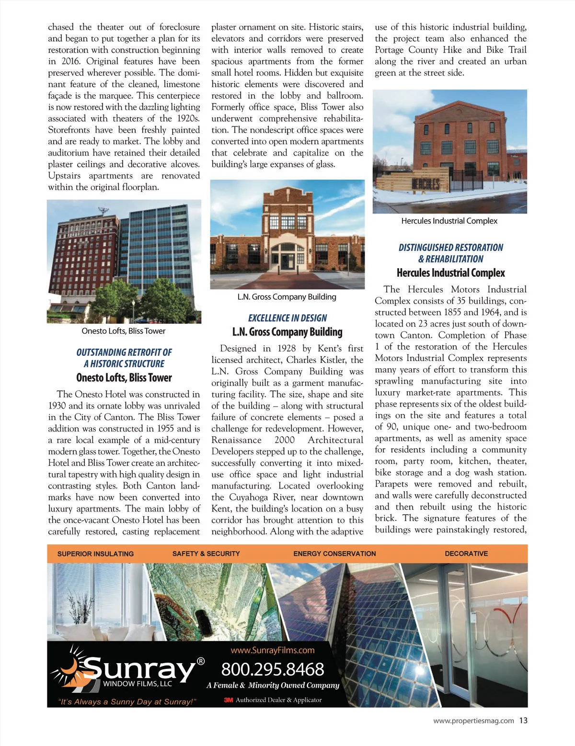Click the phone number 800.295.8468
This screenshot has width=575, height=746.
click(273, 669)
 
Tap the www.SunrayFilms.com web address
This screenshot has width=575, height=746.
click(273, 650)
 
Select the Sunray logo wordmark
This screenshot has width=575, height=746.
click(139, 668)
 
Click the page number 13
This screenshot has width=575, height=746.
click(523, 720)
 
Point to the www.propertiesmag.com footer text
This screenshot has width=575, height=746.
click(473, 721)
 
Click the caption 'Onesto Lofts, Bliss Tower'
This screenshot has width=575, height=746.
click(124, 331)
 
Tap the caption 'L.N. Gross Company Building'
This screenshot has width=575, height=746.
click(287, 297)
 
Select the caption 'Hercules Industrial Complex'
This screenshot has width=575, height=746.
click(449, 221)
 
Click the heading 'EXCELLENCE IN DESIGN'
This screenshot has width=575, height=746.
click(287, 318)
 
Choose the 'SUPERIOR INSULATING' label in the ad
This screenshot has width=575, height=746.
click(95, 554)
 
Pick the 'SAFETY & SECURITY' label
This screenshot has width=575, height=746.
click(206, 554)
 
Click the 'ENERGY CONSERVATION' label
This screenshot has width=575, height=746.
click(334, 554)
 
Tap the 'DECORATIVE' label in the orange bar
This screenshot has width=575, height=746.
click(466, 554)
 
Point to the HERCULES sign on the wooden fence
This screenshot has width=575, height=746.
click(425, 184)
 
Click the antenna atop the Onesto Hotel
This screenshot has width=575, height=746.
click(103, 211)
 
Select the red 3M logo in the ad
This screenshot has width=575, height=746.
click(229, 700)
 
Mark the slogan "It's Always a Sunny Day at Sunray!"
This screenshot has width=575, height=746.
click(127, 702)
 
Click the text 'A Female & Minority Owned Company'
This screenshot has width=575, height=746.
click(273, 685)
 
